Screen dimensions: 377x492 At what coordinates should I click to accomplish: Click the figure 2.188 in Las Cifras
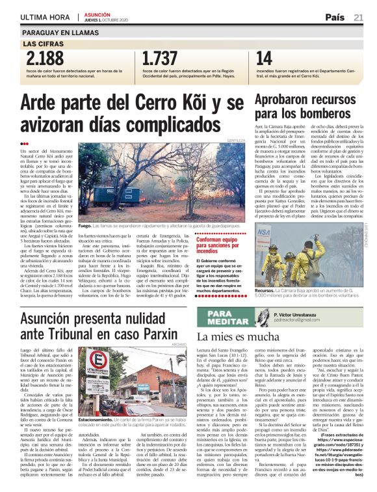click(x=43, y=59)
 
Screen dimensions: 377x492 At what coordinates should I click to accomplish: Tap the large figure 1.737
click(x=160, y=59)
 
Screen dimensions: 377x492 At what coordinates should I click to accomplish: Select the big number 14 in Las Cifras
click(x=265, y=59)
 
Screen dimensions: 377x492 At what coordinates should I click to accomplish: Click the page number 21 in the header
click(x=358, y=18)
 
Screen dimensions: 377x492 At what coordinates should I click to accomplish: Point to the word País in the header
click(x=335, y=18)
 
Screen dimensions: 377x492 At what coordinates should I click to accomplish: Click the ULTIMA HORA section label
click(x=45, y=18)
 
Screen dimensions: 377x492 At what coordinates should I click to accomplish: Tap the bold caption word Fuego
click(x=84, y=226)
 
